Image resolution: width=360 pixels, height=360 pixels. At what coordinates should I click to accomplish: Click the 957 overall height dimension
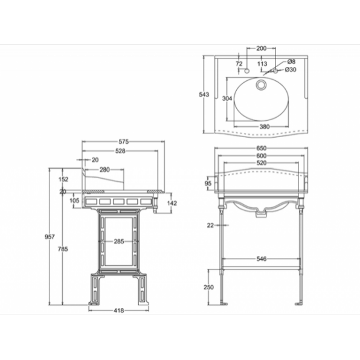point(50,237)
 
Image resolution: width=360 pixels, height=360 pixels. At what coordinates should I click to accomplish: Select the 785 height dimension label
point(63,249)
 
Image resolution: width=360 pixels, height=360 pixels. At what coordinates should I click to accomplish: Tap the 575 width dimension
point(123,142)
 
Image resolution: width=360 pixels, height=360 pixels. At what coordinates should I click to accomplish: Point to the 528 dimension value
point(120,151)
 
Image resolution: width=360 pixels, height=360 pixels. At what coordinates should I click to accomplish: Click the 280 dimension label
point(104,170)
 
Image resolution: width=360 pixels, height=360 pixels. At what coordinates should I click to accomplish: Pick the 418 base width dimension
point(119,310)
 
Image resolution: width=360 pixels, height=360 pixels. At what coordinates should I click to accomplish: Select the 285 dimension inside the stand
point(119,241)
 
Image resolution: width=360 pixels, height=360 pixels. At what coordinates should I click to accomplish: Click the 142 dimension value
point(172,203)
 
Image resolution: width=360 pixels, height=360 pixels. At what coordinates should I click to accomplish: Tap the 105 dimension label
point(74,201)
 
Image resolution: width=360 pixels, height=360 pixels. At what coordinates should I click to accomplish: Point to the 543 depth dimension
point(204,94)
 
